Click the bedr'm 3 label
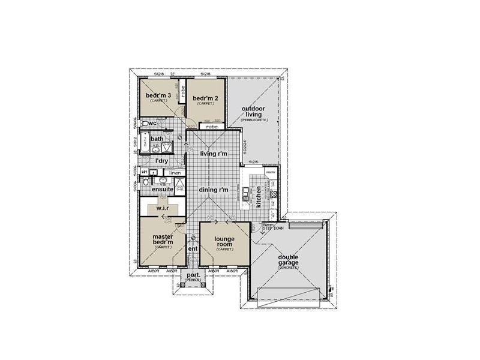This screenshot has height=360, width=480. (x=158, y=95)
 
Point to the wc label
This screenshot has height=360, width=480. (x=152, y=123)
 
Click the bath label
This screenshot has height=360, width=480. (x=157, y=139)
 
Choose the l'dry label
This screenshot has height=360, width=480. (x=161, y=161)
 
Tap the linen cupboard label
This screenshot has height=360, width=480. (x=175, y=173)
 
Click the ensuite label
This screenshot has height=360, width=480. (x=163, y=189)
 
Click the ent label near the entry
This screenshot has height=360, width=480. (x=193, y=248)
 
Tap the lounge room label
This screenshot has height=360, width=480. (x=224, y=242)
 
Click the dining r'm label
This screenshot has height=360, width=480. (x=215, y=190)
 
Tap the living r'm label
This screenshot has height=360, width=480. (x=214, y=154)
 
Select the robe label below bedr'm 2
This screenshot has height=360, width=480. (x=211, y=127)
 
